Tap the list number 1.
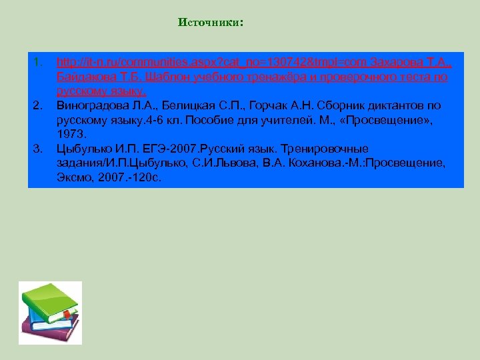coord(37,63)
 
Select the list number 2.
coord(37,105)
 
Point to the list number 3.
coord(37,148)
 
